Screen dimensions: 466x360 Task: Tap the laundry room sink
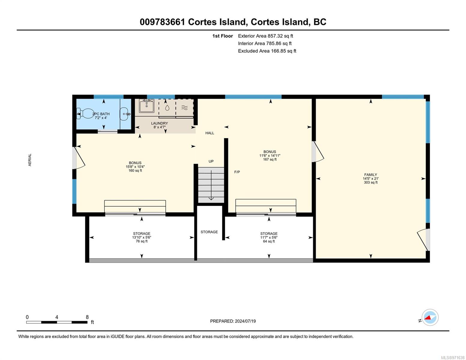pos(147,106)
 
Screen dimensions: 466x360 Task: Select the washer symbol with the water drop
pos(167,108)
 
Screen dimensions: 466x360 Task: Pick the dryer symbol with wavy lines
pos(185,108)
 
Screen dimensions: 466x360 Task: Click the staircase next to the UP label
pos(211,185)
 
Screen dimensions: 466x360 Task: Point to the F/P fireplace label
pos(237,172)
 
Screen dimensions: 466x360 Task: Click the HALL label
pos(209,133)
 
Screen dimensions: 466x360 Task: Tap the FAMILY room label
pos(371,175)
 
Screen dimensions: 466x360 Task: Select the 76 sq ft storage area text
pos(142,241)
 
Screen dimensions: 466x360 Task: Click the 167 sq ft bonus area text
pos(270,159)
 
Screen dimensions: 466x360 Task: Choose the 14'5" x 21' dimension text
pos(371,178)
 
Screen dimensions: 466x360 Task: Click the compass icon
pos(430,317)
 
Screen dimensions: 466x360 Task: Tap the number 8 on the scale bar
pos(87,317)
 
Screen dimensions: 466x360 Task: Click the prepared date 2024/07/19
pos(245,321)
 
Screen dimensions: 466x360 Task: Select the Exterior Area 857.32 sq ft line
pos(266,36)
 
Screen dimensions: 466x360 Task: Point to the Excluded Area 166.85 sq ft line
pos(267,51)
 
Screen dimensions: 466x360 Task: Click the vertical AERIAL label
pos(30,160)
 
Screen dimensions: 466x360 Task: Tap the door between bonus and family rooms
pos(318,151)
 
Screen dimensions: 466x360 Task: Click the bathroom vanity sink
pos(125,114)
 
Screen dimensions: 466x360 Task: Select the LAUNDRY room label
pos(159,123)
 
